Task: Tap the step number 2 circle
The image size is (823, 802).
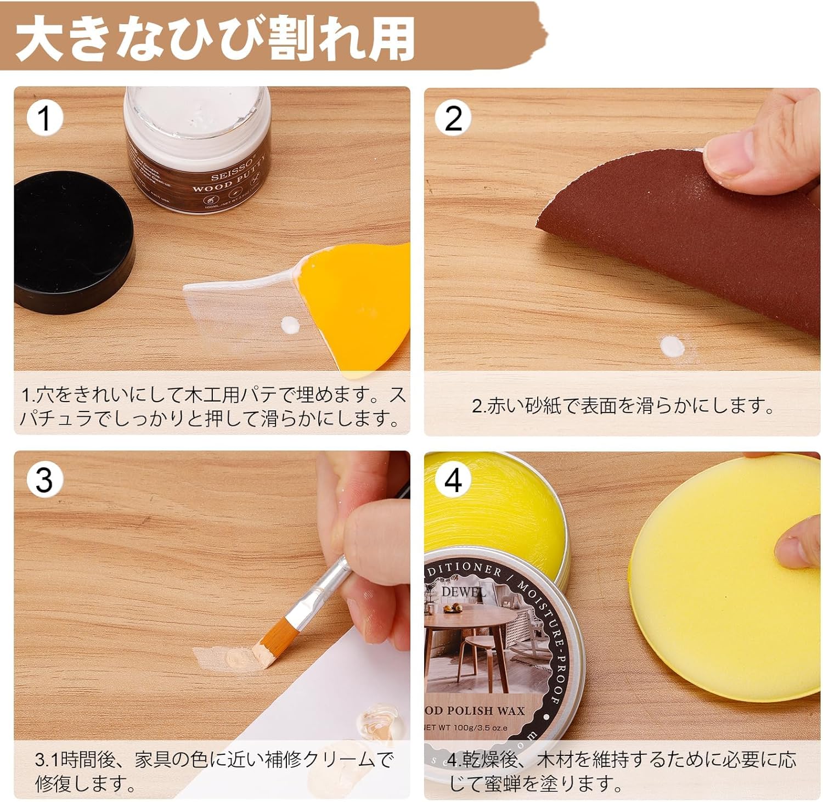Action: pos(453,118)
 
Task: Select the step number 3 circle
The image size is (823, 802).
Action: pos(44,480)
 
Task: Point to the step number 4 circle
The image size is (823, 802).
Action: pos(453,480)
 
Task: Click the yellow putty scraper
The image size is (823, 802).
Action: pos(357,307)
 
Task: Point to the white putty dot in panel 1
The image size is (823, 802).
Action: pos(290,326)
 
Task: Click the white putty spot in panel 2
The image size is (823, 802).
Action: pos(671,347)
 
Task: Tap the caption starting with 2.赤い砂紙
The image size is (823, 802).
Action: pos(623,406)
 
